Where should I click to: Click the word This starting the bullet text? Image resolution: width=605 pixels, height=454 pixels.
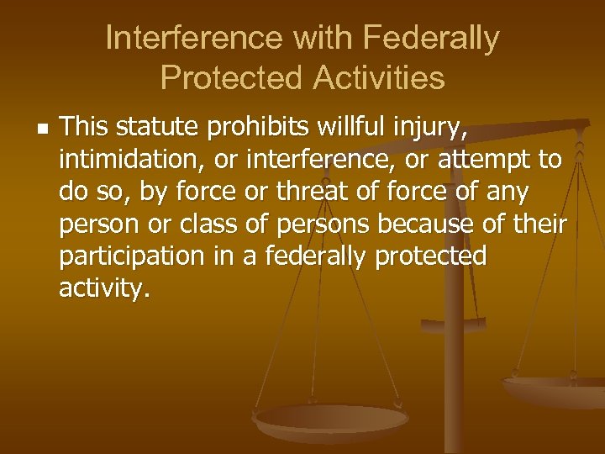(87, 129)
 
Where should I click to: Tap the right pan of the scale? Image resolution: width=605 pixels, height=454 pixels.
(555, 388)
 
